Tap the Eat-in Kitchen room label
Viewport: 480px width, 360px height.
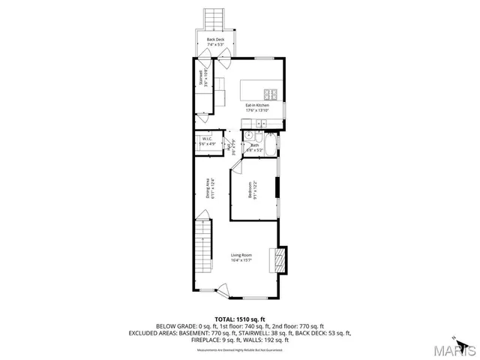click(x=256, y=105)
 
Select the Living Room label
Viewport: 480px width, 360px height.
click(x=241, y=255)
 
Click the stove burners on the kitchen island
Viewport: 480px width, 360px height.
click(x=271, y=95)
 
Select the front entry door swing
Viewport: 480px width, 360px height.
click(x=223, y=286)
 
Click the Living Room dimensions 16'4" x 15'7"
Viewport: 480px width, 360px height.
click(x=241, y=260)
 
